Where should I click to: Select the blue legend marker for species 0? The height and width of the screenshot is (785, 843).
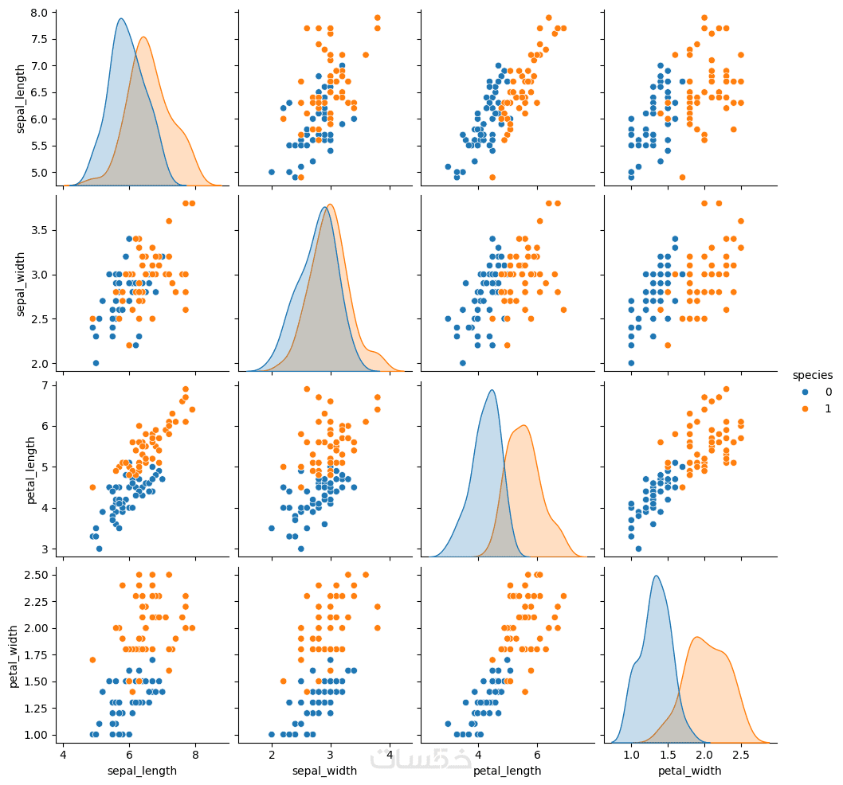(806, 392)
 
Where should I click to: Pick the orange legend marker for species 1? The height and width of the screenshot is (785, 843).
(806, 408)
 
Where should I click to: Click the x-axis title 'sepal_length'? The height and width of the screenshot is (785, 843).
(143, 771)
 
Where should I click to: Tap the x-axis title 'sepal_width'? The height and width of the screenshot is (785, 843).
(325, 771)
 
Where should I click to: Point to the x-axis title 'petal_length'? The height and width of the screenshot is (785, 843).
(508, 771)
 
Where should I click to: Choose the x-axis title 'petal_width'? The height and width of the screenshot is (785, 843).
(690, 771)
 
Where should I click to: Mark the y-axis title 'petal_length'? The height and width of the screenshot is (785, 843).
(31, 470)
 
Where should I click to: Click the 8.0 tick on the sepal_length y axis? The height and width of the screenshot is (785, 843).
(40, 13)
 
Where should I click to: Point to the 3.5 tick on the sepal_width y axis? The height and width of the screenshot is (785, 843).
(40, 230)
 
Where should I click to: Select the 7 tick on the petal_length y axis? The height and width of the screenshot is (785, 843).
(46, 385)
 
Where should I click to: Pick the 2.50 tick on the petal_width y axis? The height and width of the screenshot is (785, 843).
(37, 575)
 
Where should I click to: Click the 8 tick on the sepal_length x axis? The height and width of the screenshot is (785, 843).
(195, 753)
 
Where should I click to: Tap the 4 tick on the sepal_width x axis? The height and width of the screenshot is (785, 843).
(389, 753)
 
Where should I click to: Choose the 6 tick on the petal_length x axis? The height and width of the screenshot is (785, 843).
(537, 753)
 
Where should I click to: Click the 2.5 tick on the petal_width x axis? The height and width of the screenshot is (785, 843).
(742, 753)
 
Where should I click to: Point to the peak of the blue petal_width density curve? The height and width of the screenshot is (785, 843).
(656, 576)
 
